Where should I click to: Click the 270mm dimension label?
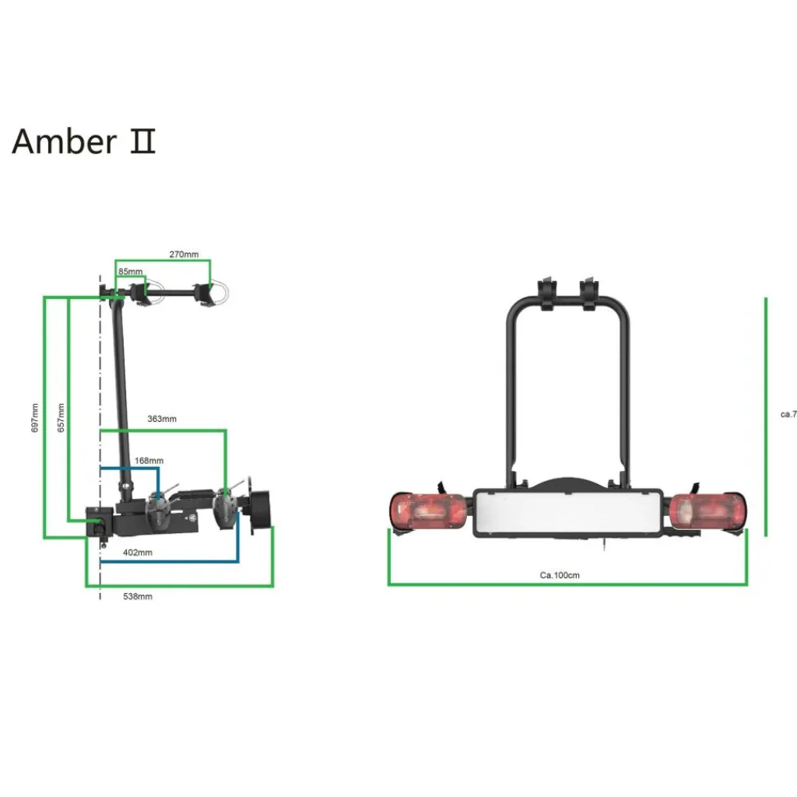[x=184, y=255]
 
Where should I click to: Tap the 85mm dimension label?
[x=130, y=272]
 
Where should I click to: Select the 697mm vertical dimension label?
[x=35, y=418]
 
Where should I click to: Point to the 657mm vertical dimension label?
[x=61, y=418]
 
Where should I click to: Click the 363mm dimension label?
[x=162, y=419]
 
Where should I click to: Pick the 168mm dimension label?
[x=149, y=461]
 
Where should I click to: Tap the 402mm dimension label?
[x=138, y=553]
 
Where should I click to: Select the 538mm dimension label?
[x=138, y=596]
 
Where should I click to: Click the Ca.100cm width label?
[x=560, y=576]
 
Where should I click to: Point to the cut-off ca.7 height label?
[x=788, y=414]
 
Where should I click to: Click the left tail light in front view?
[x=428, y=511]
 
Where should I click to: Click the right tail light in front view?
[x=707, y=511]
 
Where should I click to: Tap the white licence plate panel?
[x=567, y=511]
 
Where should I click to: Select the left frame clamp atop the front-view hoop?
[x=548, y=294]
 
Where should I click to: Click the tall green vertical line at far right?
[x=767, y=416]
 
